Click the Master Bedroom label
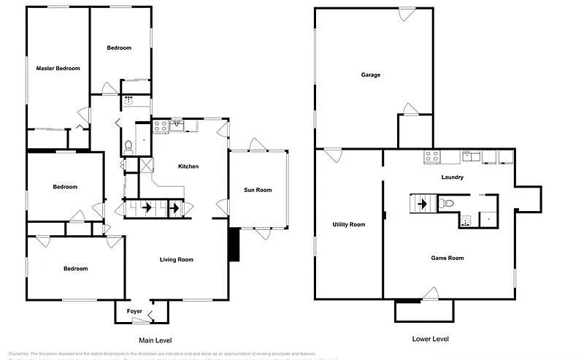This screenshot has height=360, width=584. pos(58,68)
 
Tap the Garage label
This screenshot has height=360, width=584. pos(370,74)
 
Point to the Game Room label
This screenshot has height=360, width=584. pos(447,258)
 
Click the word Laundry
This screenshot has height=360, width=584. pos(453,177)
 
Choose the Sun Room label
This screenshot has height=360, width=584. pos(257,190)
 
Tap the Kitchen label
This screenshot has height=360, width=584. pos(188,166)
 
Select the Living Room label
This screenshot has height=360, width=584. pos(177,259)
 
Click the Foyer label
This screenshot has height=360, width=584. pos(134,311)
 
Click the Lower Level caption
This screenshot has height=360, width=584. pos(430,339)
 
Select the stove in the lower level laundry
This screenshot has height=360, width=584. pos(431,156)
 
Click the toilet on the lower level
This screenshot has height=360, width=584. pos(448,203)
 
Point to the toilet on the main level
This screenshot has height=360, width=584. pos(128,147)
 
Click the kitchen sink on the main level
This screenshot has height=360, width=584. pos(177,126)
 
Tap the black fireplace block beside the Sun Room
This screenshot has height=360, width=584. pos(234,245)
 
